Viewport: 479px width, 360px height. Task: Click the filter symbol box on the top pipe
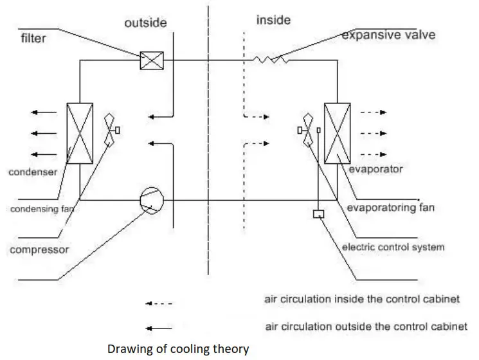(152, 60)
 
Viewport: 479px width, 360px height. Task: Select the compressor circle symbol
(152, 199)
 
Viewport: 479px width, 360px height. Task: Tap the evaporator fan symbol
(307, 130)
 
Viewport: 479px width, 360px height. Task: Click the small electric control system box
(318, 214)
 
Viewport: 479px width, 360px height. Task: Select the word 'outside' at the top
(145, 23)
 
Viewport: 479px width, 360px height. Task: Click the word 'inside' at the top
(273, 21)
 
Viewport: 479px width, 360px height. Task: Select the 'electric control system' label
(393, 246)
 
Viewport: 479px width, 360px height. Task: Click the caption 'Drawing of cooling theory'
(178, 349)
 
